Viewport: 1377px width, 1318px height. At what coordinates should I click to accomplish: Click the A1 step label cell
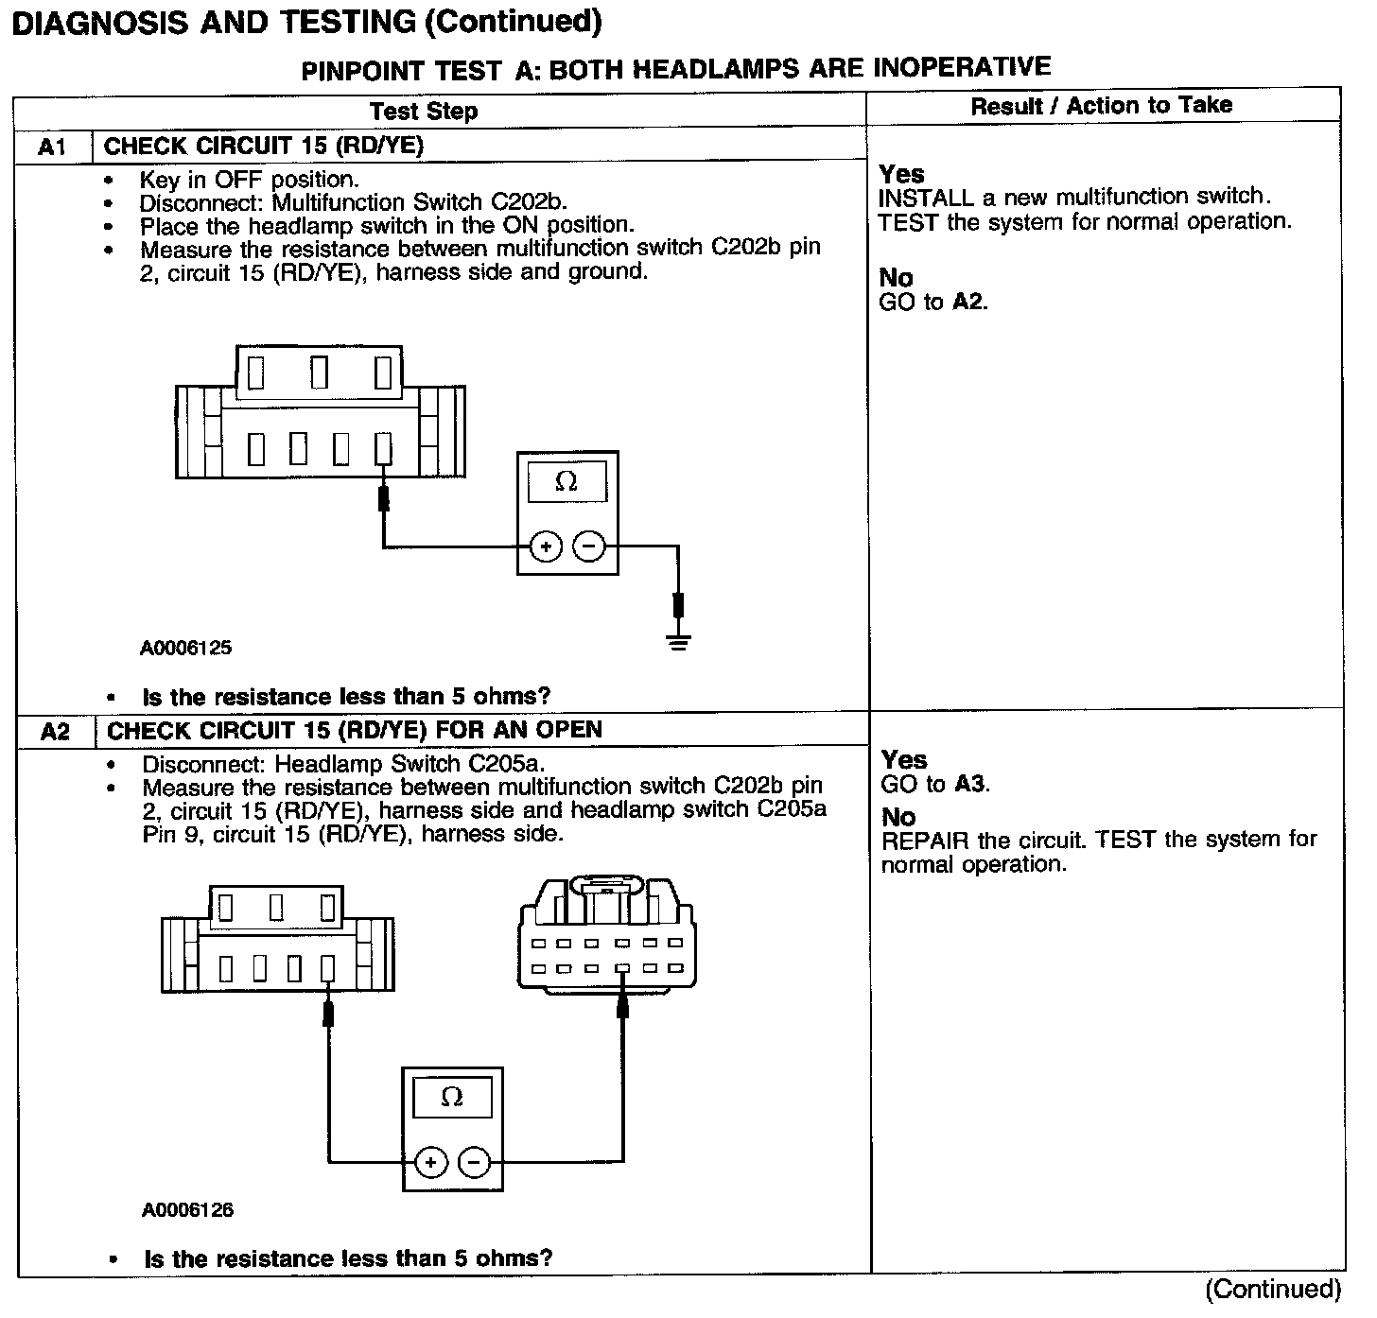pyautogui.click(x=53, y=147)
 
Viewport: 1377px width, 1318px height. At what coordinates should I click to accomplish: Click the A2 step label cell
pyautogui.click(x=56, y=731)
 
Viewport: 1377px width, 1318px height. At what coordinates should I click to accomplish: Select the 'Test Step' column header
pyautogui.click(x=424, y=112)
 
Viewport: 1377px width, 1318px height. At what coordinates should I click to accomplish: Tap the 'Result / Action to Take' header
pyautogui.click(x=1102, y=106)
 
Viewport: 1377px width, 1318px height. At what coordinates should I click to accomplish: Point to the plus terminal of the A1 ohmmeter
pyautogui.click(x=546, y=546)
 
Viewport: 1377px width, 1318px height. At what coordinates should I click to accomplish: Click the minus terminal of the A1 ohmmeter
pyautogui.click(x=589, y=546)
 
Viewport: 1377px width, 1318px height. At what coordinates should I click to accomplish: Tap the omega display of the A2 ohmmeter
pyautogui.click(x=452, y=1098)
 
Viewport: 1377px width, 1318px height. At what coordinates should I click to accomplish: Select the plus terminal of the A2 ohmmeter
pyautogui.click(x=430, y=1162)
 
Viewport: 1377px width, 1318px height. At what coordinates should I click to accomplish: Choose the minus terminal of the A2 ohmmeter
pyautogui.click(x=474, y=1162)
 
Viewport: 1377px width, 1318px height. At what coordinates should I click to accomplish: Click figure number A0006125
pyautogui.click(x=185, y=649)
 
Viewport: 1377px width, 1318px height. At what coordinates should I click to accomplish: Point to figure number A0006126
pyautogui.click(x=187, y=1210)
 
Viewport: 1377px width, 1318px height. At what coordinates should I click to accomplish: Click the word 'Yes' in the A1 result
pyautogui.click(x=901, y=174)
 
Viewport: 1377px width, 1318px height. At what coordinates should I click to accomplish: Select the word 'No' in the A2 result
pyautogui.click(x=898, y=817)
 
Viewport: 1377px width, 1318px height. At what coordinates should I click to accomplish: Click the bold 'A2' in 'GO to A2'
pyautogui.click(x=968, y=303)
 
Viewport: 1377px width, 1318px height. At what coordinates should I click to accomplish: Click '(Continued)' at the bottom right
pyautogui.click(x=1272, y=1290)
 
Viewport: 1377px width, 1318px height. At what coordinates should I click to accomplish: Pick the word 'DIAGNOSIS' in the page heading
pyautogui.click(x=99, y=23)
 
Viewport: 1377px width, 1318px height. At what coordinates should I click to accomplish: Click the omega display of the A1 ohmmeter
pyautogui.click(x=566, y=482)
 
